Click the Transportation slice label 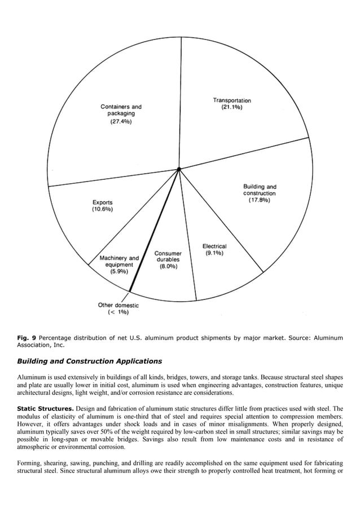pos(232,100)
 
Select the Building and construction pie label pos(260,190)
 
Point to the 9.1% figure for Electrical pos(214,254)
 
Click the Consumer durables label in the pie pos(168,257)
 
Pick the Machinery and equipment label pos(119,261)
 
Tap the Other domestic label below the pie pos(118,305)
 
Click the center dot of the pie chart pos(179,169)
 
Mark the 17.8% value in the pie pos(260,200)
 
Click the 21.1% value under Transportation pos(232,108)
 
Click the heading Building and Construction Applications pos(89,361)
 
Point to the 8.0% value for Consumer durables pos(168,266)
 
